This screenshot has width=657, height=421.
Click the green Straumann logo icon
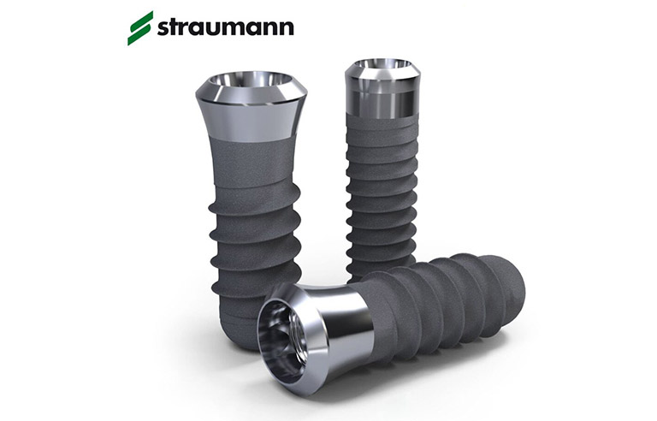[x=139, y=27]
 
